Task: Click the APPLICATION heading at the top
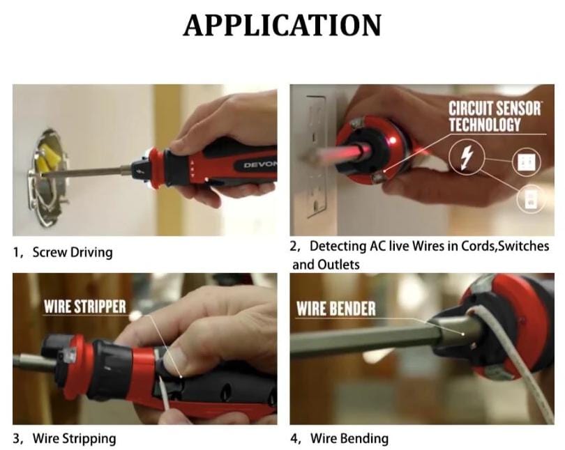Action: [282, 26]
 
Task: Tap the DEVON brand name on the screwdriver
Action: [259, 165]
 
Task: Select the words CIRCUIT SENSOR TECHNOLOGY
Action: [494, 116]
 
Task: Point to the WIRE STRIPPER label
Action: [84, 307]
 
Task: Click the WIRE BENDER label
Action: [336, 309]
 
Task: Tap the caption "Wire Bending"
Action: [349, 439]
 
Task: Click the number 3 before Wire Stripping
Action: [17, 439]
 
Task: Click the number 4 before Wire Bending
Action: [294, 439]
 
